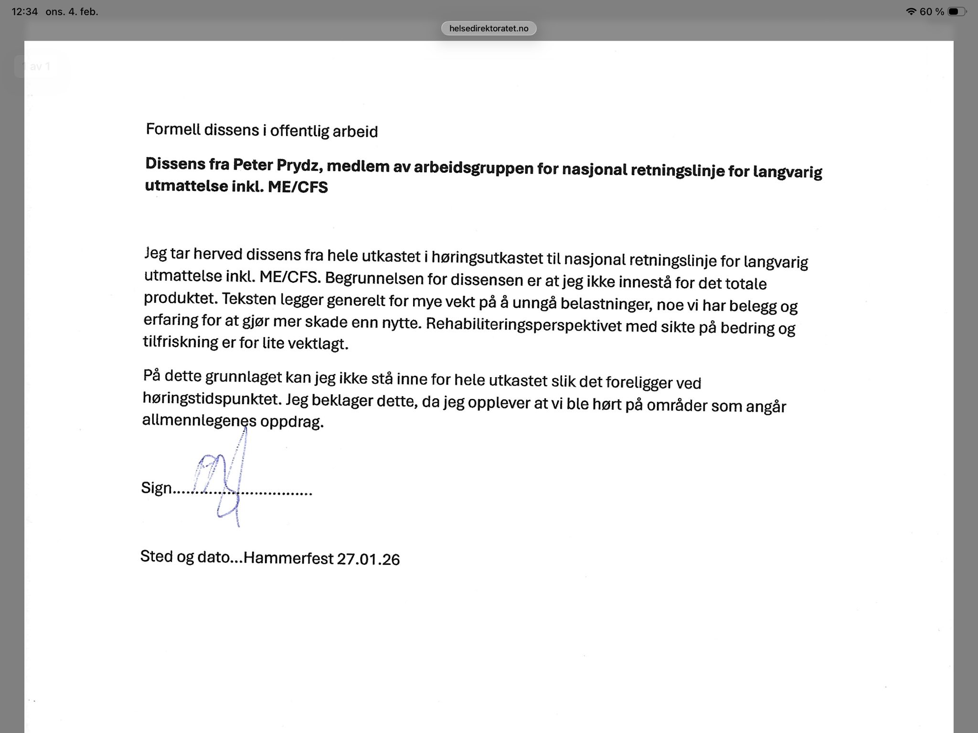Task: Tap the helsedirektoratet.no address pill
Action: tap(489, 29)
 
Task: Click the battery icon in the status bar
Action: tap(957, 11)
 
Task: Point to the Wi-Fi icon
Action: tap(911, 11)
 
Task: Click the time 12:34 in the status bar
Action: tap(24, 11)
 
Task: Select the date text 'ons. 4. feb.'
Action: tap(72, 11)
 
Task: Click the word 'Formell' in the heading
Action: tap(172, 129)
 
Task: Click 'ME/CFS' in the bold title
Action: tap(298, 187)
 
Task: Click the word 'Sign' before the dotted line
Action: tap(156, 488)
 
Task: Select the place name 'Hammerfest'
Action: tap(288, 558)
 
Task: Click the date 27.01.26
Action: tap(368, 559)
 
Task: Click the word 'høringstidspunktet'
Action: tap(211, 398)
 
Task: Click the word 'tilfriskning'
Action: tap(181, 341)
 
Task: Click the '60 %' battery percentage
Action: tap(932, 11)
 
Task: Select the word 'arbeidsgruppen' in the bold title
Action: tap(473, 168)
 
